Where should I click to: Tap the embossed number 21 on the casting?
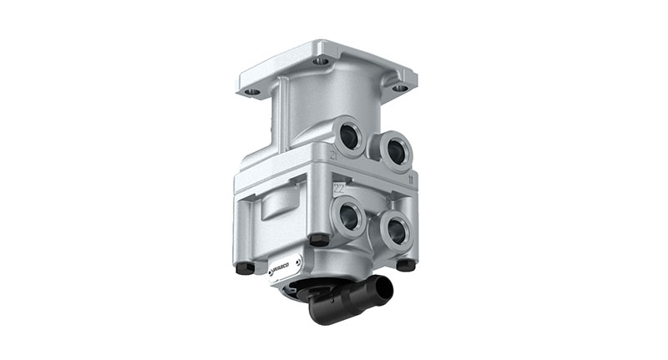tap(332, 157)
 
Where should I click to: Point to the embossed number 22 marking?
tap(339, 189)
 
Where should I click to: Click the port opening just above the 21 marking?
tap(348, 134)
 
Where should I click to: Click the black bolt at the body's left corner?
tap(245, 268)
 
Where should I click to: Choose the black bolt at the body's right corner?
tap(406, 265)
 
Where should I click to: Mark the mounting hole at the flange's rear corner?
tap(321, 61)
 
